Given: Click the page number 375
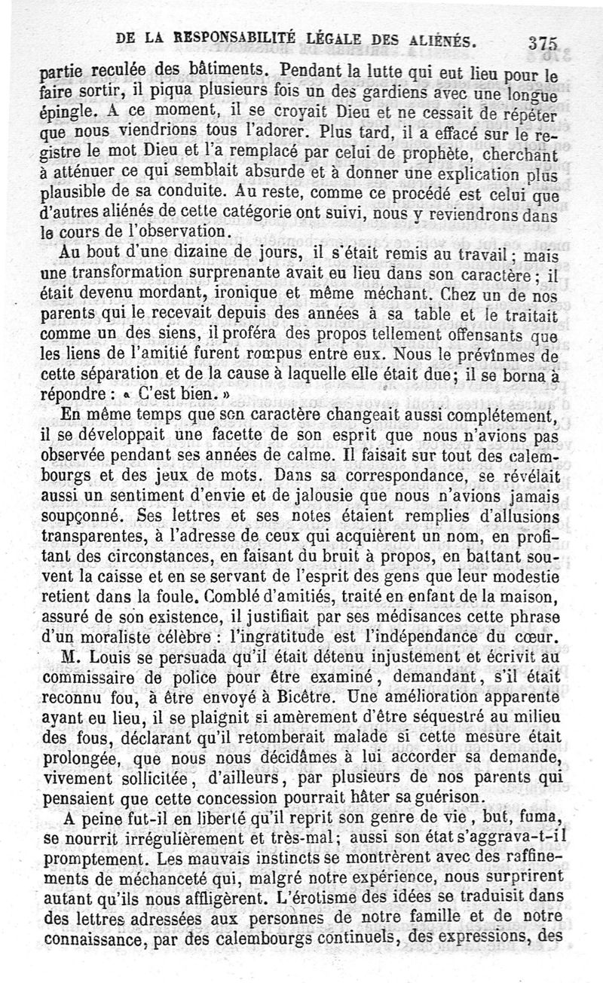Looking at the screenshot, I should (543, 44).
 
